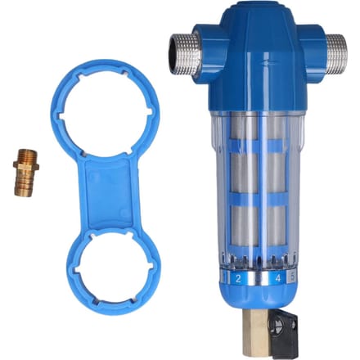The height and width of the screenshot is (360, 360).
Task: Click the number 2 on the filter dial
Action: pyautogui.click(x=238, y=278)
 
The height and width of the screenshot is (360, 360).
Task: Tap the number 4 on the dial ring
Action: pyautogui.click(x=277, y=278)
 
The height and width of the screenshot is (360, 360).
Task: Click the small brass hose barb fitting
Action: pyautogui.click(x=25, y=173)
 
